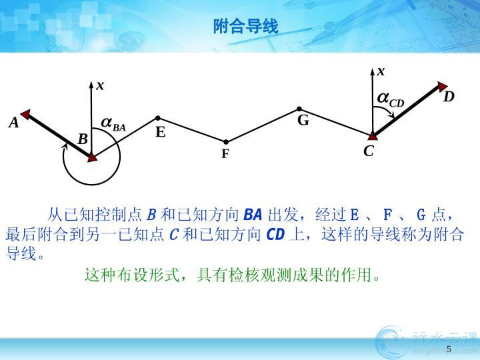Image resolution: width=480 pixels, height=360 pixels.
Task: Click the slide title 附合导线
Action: point(246,26)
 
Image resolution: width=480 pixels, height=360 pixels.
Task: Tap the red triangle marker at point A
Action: point(26,114)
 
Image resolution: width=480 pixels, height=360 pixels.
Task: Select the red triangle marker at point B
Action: point(92,157)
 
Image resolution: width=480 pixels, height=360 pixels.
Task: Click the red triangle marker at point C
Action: point(372,136)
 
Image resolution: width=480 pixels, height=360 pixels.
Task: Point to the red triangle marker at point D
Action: point(442,86)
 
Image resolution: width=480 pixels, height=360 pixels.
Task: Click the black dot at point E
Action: point(157,118)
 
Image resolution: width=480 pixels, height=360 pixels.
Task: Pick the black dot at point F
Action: point(225,142)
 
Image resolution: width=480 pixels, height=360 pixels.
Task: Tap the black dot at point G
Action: point(299,109)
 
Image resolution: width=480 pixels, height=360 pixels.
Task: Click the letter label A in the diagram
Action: point(14,123)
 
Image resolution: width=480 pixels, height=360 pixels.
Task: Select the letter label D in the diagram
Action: point(449,97)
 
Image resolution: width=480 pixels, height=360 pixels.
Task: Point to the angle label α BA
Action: point(113,124)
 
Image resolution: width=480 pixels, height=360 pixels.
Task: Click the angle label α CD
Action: point(391,100)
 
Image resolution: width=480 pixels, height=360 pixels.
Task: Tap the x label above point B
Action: point(100,86)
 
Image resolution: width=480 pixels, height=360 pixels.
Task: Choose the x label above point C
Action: point(381,71)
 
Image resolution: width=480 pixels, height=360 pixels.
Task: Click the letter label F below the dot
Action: point(225,154)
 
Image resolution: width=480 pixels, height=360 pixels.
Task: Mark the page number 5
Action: point(449,349)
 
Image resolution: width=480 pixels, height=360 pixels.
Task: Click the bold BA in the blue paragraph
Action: point(253,215)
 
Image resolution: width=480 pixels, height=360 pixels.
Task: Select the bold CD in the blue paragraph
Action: point(275,235)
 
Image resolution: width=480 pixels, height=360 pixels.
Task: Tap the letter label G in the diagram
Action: point(303,120)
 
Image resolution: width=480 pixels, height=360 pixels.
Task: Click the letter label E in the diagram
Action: point(161,132)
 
